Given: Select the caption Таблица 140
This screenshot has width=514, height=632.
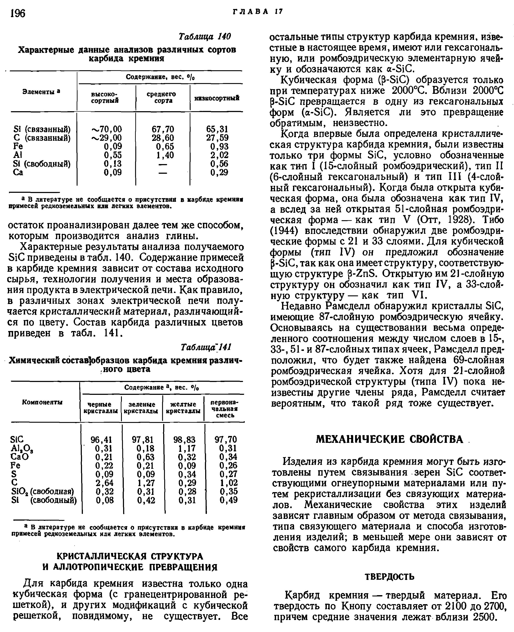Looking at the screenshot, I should (205, 36).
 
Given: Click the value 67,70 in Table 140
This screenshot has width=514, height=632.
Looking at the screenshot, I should (163, 129).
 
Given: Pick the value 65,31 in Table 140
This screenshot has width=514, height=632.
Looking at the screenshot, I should (217, 129).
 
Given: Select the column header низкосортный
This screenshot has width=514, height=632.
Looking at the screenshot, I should (217, 98).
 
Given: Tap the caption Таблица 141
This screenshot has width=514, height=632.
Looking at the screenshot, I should (206, 347).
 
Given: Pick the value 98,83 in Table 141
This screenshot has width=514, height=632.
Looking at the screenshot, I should (184, 439).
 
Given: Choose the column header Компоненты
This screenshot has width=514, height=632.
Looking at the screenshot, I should (42, 402).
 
